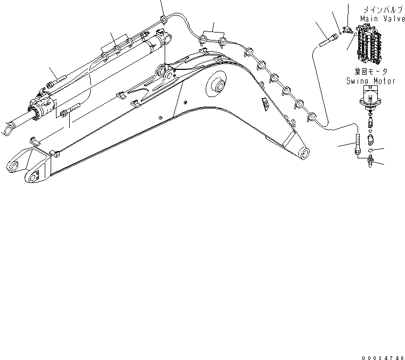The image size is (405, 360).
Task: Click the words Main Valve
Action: (x=378, y=18)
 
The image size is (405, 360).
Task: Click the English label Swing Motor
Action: (x=370, y=81)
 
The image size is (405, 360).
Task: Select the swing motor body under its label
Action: (x=371, y=101)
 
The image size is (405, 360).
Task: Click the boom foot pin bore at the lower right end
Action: (x=305, y=153)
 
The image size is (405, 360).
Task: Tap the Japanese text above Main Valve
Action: (x=379, y=9)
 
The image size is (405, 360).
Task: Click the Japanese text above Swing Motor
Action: (x=370, y=72)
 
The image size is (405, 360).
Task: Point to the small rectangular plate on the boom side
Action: (x=263, y=104)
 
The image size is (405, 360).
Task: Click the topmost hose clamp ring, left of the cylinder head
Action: (x=164, y=20)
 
